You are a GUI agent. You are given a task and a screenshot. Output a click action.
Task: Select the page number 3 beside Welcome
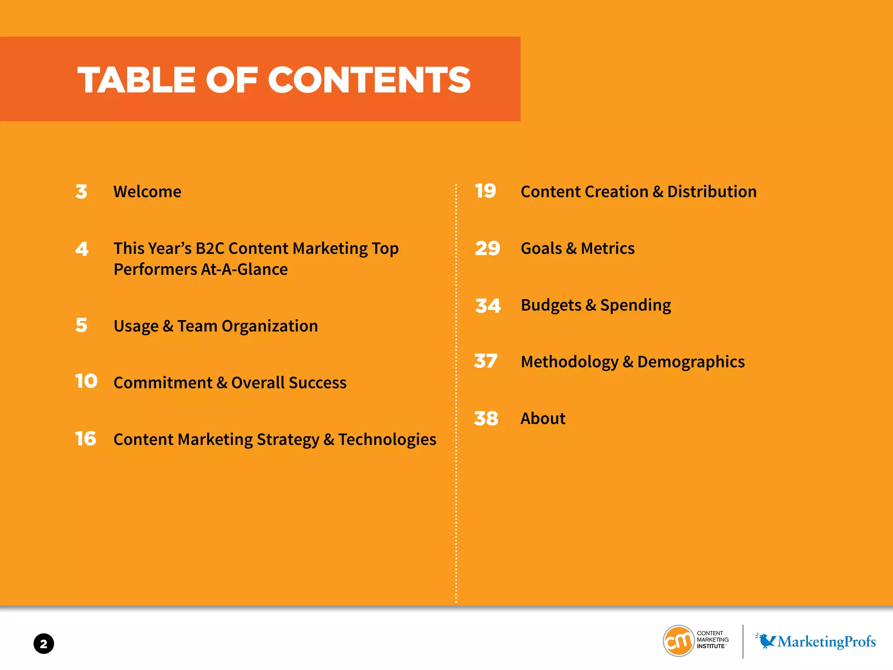pyautogui.click(x=82, y=192)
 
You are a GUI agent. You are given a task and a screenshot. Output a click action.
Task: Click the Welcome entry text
pyautogui.click(x=147, y=192)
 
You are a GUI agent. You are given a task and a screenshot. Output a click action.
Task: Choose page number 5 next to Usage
pyautogui.click(x=82, y=325)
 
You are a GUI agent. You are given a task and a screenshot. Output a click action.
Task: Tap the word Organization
pyautogui.click(x=269, y=326)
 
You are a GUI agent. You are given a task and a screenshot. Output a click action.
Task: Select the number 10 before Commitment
pyautogui.click(x=86, y=381)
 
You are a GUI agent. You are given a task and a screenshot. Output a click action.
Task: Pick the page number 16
pyautogui.click(x=85, y=438)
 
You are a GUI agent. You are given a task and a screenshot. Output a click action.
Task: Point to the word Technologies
pyautogui.click(x=387, y=440)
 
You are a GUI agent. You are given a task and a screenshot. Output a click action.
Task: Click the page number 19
pyautogui.click(x=485, y=191)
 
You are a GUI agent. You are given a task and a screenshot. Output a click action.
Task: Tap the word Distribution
pyautogui.click(x=712, y=192)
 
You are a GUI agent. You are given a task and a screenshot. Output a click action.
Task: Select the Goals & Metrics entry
pyautogui.click(x=577, y=249)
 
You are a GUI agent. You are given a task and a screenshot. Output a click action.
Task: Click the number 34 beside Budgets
pyautogui.click(x=488, y=306)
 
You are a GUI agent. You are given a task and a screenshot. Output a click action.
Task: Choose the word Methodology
pyautogui.click(x=569, y=362)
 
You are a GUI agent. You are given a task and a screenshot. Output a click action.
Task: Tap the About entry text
pyautogui.click(x=543, y=418)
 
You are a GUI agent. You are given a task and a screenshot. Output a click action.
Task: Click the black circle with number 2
pyautogui.click(x=44, y=644)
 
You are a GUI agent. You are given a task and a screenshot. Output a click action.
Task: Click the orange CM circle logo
pyautogui.click(x=678, y=641)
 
